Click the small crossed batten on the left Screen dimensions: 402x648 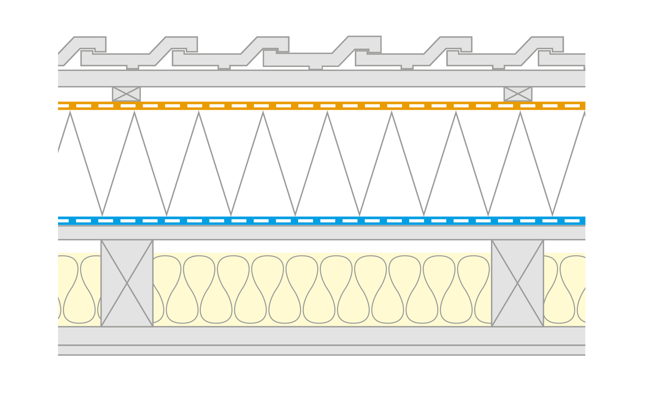126,94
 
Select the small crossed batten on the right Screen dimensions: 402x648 518,94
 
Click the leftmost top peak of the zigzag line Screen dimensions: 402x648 70,113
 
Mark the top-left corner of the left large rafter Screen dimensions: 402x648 101,240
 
